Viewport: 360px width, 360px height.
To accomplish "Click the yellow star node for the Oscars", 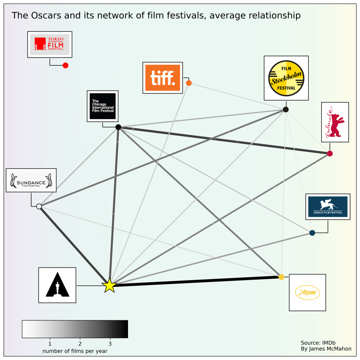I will click(x=109, y=285).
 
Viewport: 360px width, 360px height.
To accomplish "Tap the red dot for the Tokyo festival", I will click(x=65, y=65).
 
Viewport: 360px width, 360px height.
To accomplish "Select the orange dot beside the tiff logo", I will click(x=189, y=83).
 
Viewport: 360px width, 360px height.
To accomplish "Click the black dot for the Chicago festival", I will click(x=118, y=127).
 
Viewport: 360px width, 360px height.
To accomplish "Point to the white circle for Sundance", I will click(x=39, y=206).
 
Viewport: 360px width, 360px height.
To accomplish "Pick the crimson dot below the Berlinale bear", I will click(x=330, y=154).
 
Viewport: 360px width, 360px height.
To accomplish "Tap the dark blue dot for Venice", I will click(x=312, y=233).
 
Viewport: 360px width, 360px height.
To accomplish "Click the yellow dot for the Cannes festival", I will click(x=281, y=277).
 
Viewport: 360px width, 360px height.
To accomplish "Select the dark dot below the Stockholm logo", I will click(x=286, y=109).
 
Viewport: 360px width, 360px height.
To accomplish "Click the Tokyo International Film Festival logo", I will click(x=50, y=44).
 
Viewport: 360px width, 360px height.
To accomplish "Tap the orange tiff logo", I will click(x=162, y=78).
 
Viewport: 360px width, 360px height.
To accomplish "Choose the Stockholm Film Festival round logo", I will click(x=286, y=78).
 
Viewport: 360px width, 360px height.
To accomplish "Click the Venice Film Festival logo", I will click(x=328, y=206).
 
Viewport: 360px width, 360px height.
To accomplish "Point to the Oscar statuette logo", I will click(x=57, y=285).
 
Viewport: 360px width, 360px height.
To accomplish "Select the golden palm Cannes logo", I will click(x=307, y=292).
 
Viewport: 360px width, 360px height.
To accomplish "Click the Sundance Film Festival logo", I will click(x=31, y=180).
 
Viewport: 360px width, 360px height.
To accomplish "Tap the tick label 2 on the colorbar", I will click(x=80, y=343).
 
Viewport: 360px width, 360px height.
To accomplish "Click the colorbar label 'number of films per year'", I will click(x=75, y=351).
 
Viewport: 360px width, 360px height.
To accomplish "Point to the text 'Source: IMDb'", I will click(x=316, y=343).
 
